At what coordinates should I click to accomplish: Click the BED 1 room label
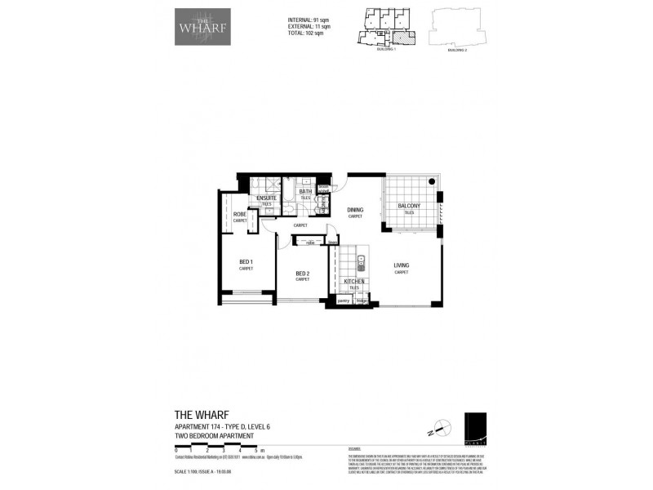(x=246, y=262)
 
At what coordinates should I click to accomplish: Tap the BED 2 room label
(x=302, y=274)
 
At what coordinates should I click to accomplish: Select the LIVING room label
(x=401, y=266)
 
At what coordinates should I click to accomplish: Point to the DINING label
(x=355, y=211)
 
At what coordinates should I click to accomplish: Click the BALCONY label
(x=409, y=207)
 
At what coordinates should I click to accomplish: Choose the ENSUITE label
(x=266, y=198)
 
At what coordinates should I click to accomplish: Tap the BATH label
(x=304, y=192)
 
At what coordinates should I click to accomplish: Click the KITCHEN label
(x=354, y=282)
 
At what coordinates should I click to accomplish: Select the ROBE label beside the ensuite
(x=240, y=215)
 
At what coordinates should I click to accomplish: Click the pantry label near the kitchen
(x=343, y=301)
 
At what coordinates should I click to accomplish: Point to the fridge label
(x=362, y=301)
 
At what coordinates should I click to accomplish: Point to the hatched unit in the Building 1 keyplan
(x=400, y=36)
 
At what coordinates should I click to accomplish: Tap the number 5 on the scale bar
(x=255, y=451)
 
